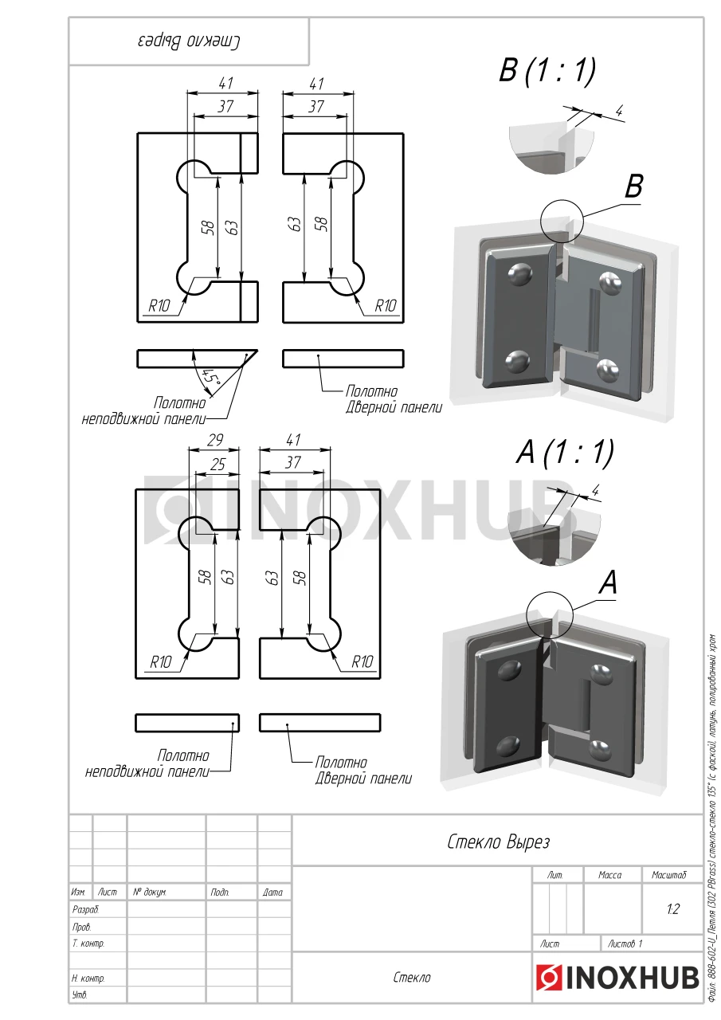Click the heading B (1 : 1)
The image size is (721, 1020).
point(547,72)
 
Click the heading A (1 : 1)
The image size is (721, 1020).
point(565,453)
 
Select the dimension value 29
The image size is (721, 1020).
point(214,441)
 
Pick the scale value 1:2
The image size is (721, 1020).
point(672,909)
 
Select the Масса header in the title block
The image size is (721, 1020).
point(609,875)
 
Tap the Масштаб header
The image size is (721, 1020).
point(669,875)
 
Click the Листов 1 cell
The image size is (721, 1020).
point(625,943)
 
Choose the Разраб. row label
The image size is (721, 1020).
point(85,909)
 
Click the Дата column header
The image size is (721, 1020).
point(272,892)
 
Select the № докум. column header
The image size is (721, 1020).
point(149,892)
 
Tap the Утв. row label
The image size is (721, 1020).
point(80,994)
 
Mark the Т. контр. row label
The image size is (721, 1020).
point(88,943)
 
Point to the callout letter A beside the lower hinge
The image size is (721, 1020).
point(608,583)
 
